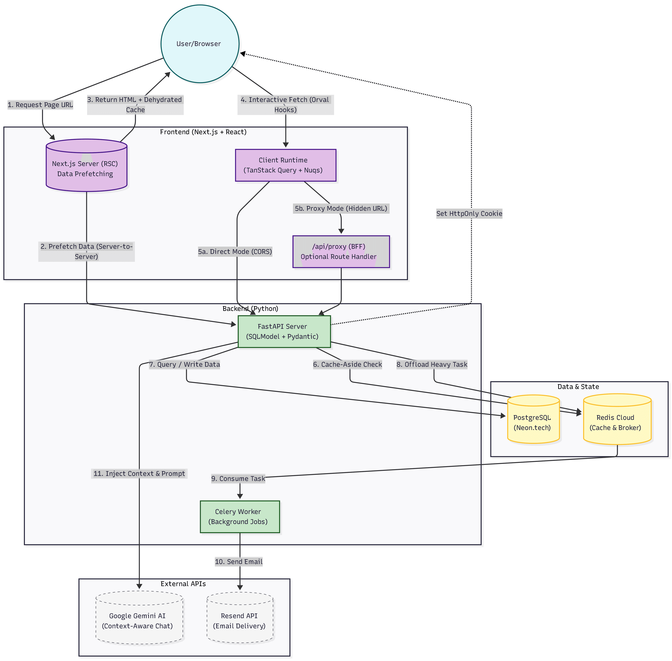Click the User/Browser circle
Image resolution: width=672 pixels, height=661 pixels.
pyautogui.click(x=200, y=44)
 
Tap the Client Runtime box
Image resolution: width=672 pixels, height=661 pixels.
pyautogui.click(x=285, y=165)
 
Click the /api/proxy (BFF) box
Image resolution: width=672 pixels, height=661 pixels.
pyautogui.click(x=341, y=252)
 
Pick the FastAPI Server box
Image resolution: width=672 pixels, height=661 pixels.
pyautogui.click(x=284, y=331)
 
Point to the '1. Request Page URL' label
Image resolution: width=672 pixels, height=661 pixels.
pyautogui.click(x=40, y=105)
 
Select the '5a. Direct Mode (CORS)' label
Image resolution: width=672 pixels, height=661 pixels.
pyautogui.click(x=235, y=252)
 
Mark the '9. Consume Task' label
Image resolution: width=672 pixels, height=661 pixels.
pyautogui.click(x=238, y=479)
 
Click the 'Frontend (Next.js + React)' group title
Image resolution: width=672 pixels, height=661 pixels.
pyautogui.click(x=203, y=132)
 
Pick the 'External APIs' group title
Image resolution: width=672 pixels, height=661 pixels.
pyautogui.click(x=183, y=584)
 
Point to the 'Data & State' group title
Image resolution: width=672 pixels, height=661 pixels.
pyautogui.click(x=578, y=387)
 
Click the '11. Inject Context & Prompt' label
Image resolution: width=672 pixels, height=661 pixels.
pyautogui.click(x=139, y=474)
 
